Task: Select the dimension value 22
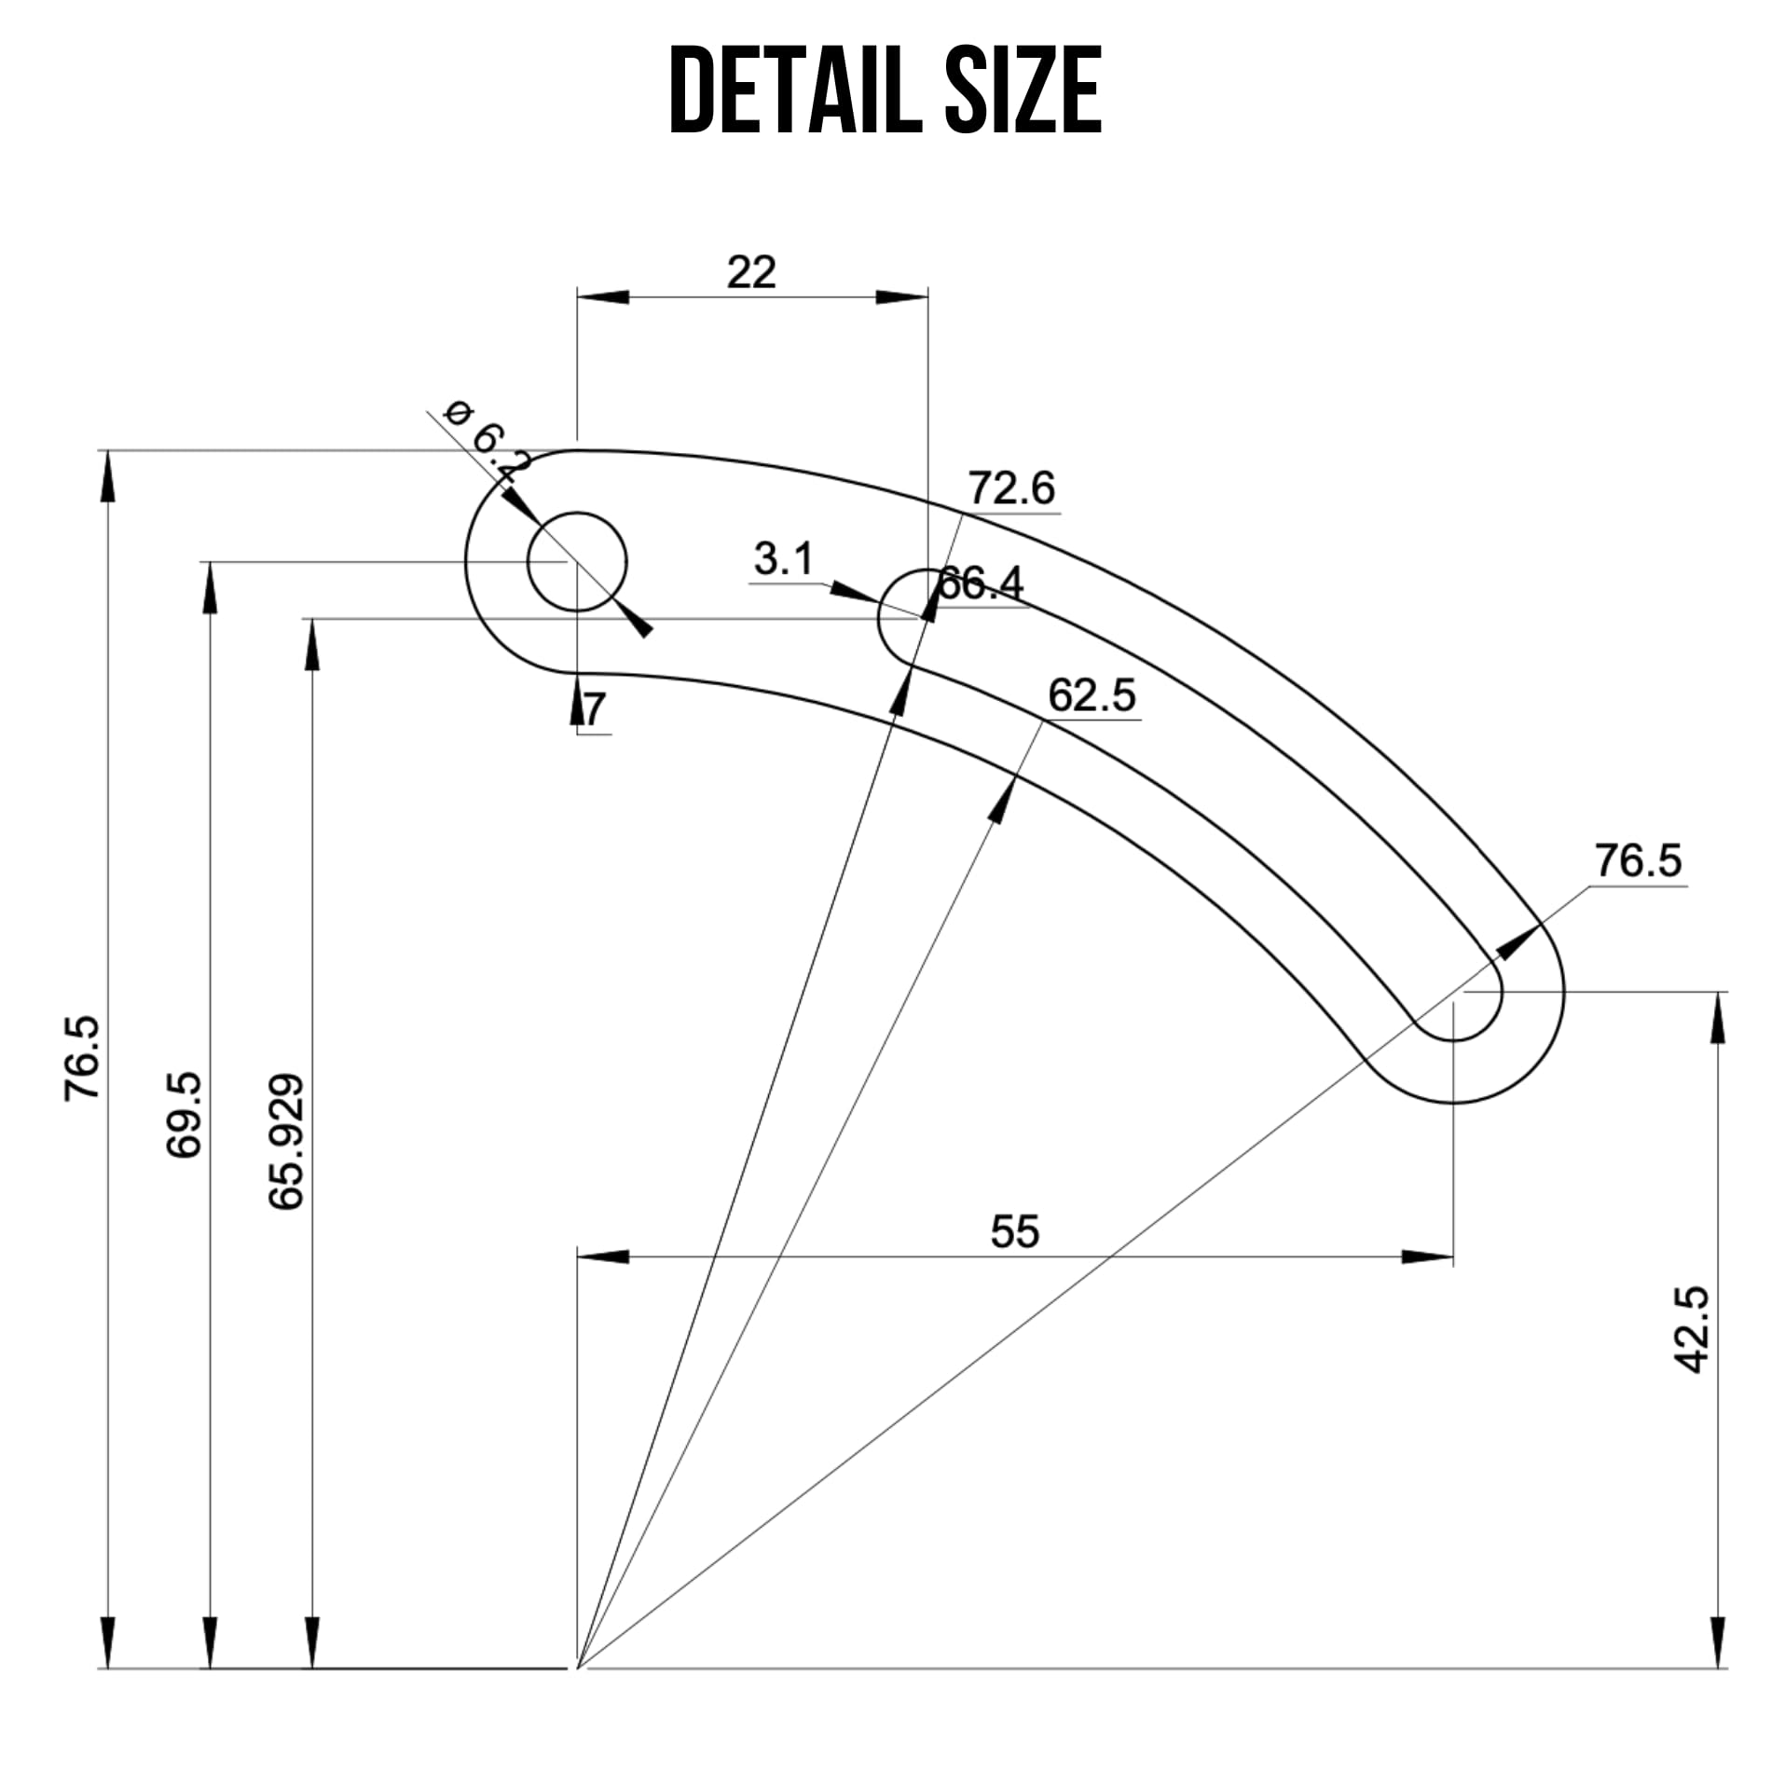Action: [x=750, y=272]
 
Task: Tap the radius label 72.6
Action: [x=1010, y=487]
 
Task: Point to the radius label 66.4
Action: [x=981, y=583]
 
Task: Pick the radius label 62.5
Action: [x=1091, y=695]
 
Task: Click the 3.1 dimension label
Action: [x=783, y=559]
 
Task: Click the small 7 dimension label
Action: [x=595, y=708]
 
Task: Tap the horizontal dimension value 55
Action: [x=1014, y=1231]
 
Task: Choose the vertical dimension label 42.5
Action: [x=1691, y=1329]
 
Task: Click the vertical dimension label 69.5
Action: [x=185, y=1115]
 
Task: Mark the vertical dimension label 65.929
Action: [x=287, y=1143]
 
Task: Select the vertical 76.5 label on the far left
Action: [x=82, y=1059]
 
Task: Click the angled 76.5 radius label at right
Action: [x=1638, y=860]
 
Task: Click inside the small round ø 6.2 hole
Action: [x=577, y=561]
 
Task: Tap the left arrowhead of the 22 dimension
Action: [x=602, y=296]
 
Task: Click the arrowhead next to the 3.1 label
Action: [x=850, y=591]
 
